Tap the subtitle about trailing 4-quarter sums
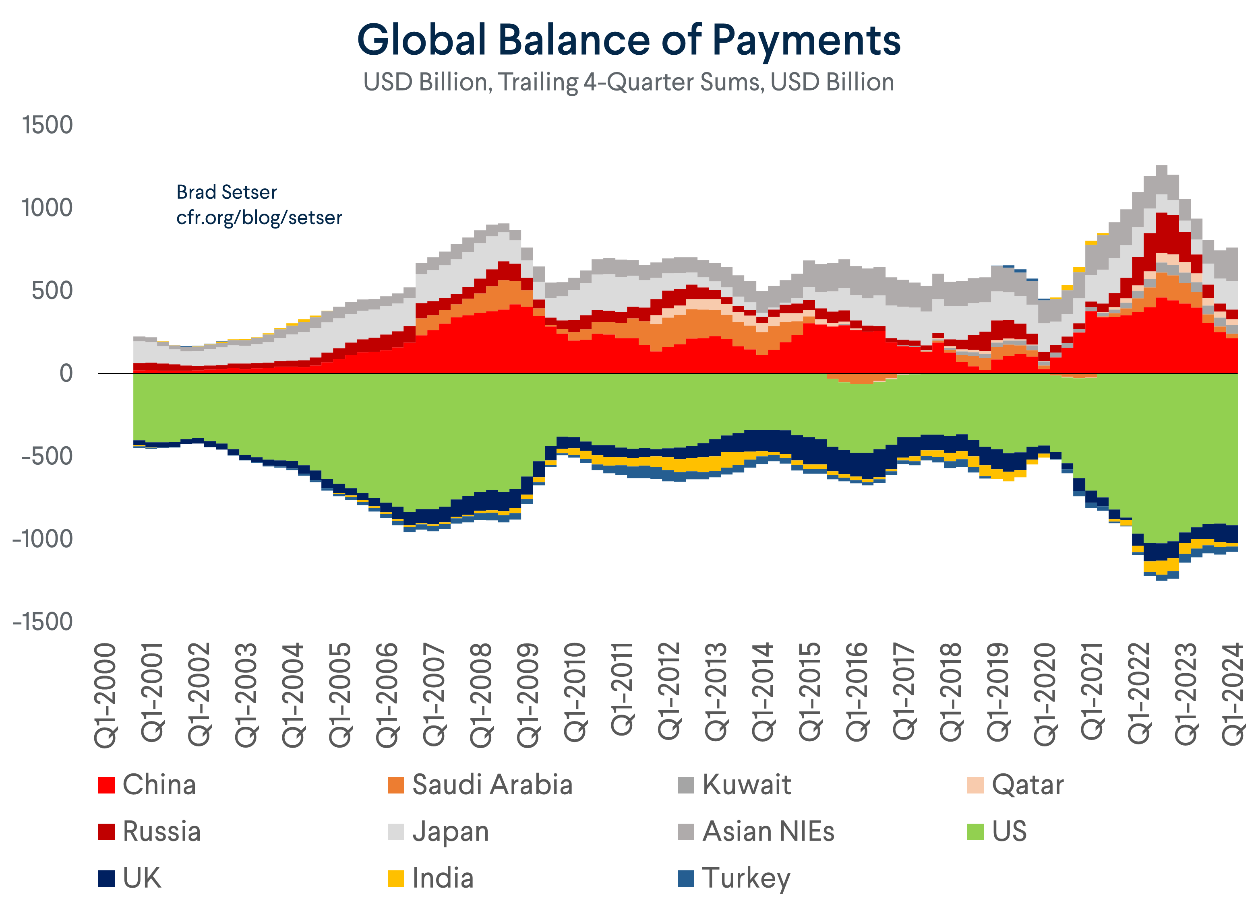[629, 82]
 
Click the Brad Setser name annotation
[226, 192]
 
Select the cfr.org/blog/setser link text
[259, 217]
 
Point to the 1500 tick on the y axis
[48, 125]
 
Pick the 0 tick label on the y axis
[66, 374]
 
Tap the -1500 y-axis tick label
[43, 622]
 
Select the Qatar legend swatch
[975, 785]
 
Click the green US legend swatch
[975, 831]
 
